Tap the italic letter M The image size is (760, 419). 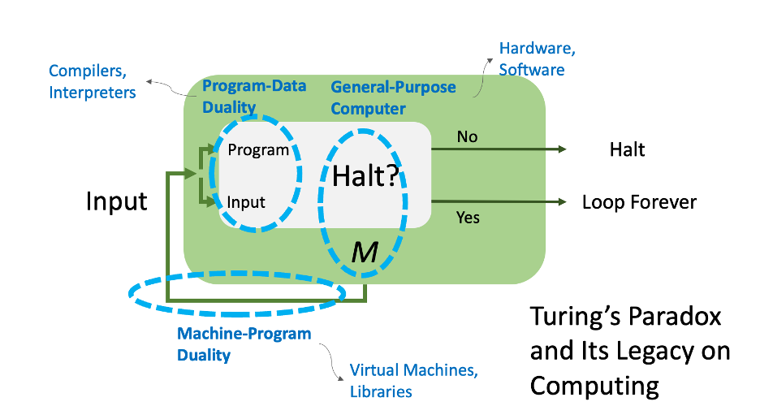tap(365, 253)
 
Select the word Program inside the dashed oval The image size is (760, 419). tap(258, 150)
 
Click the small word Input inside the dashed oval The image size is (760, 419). tap(246, 202)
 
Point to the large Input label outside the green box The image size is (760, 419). tap(117, 201)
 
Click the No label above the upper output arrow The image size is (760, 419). tap(467, 136)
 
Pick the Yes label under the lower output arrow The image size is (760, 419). tap(468, 217)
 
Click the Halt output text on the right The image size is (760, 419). tap(627, 150)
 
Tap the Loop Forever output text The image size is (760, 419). tap(639, 201)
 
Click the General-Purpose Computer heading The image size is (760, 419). tap(393, 97)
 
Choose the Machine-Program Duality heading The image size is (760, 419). tap(244, 344)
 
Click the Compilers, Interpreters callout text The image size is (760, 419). tap(92, 81)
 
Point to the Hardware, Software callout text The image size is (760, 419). tap(537, 59)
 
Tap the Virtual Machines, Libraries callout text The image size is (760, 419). tap(414, 381)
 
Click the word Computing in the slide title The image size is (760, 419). tap(594, 385)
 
